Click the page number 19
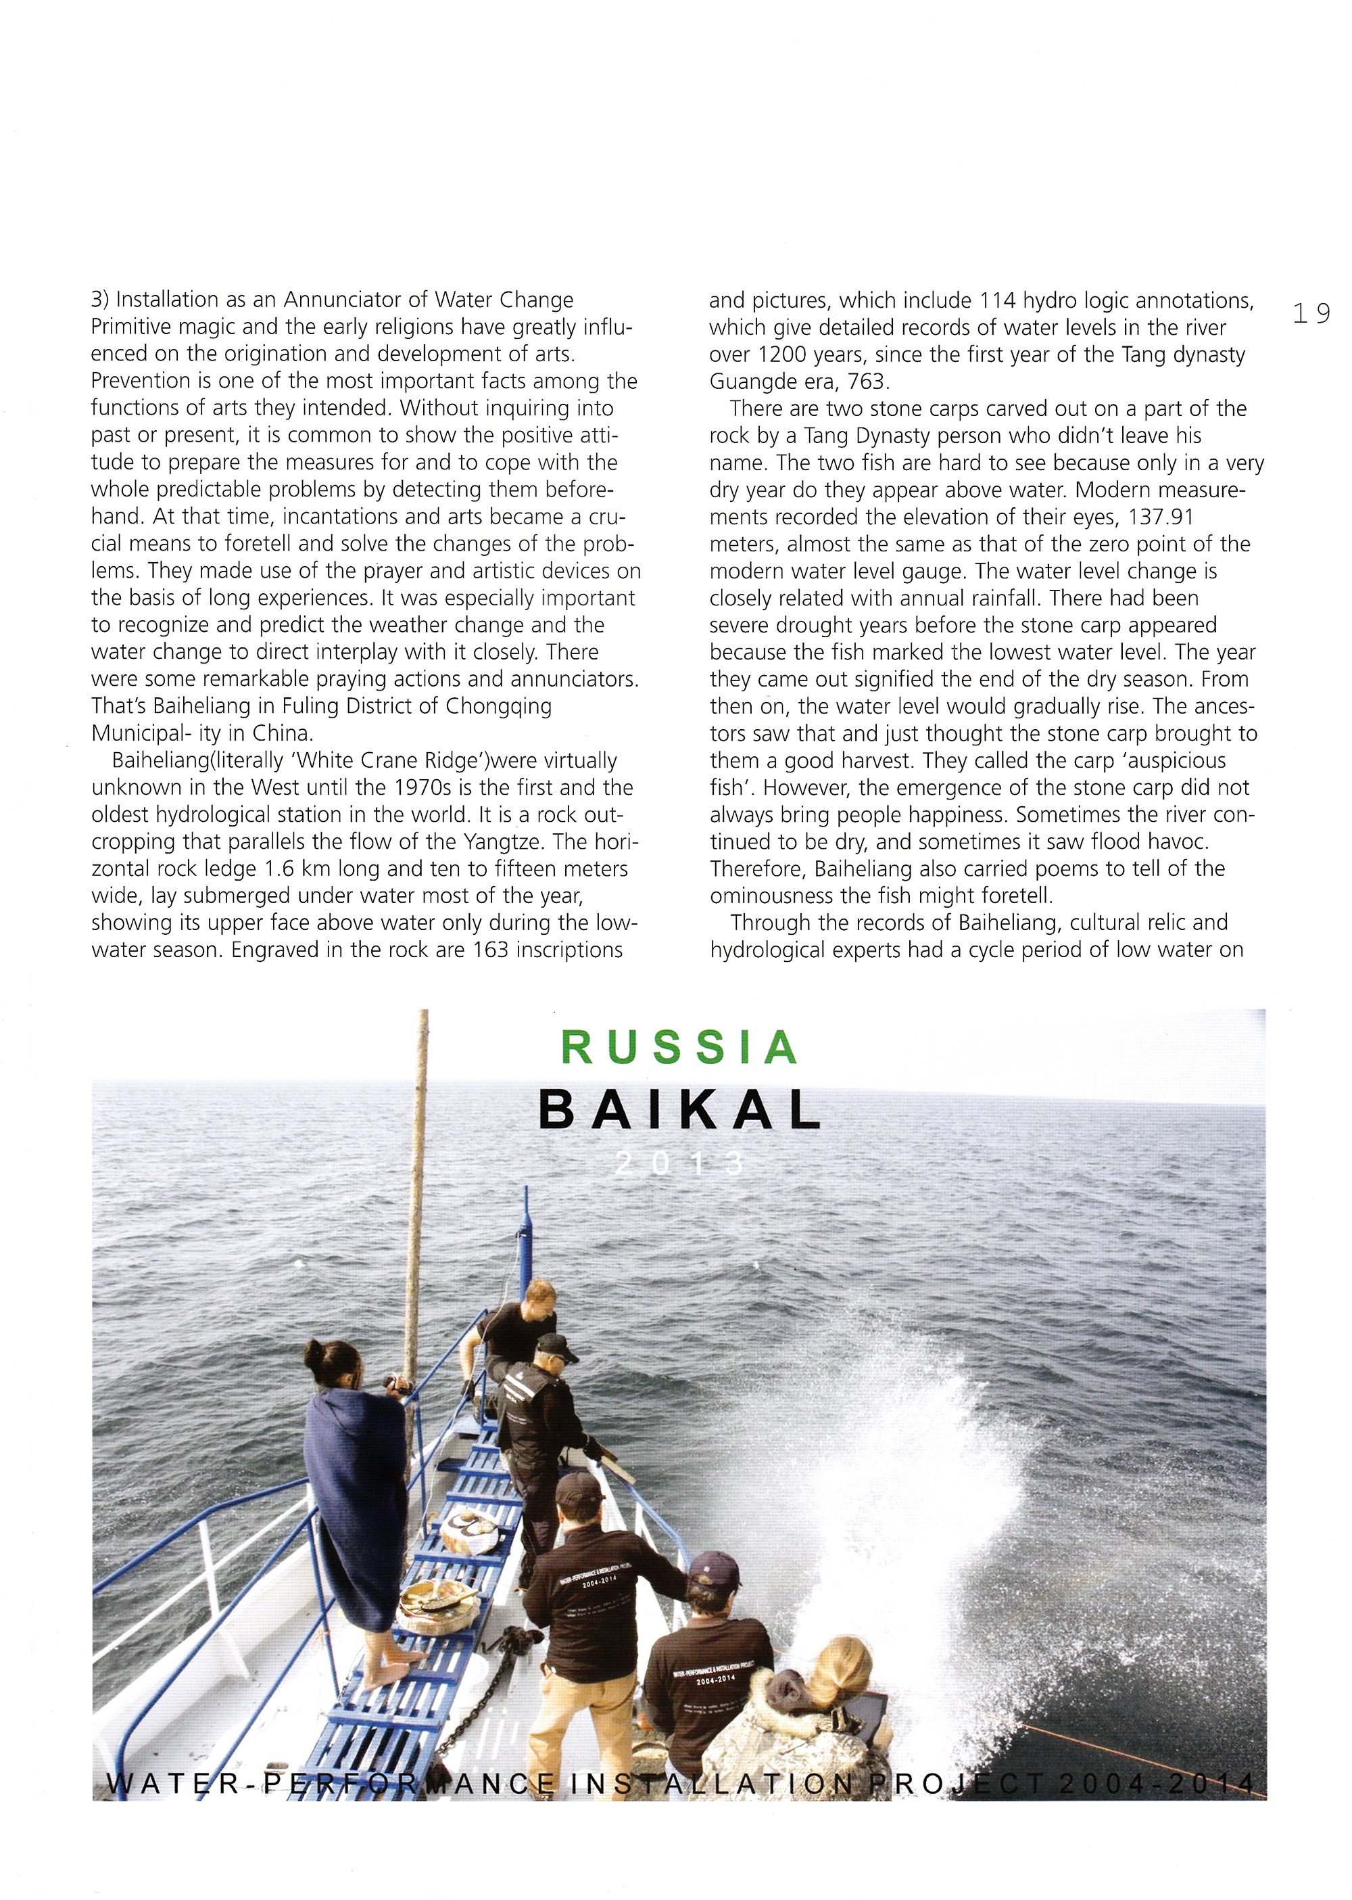click(x=1311, y=313)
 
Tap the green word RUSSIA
click(x=679, y=1048)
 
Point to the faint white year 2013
click(x=679, y=1163)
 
